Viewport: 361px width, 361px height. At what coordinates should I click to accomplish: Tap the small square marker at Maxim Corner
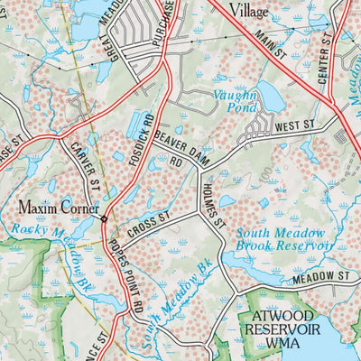point(105,219)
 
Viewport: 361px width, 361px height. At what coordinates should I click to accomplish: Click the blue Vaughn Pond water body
point(268,94)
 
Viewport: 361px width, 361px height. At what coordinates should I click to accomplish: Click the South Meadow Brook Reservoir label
point(285,239)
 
